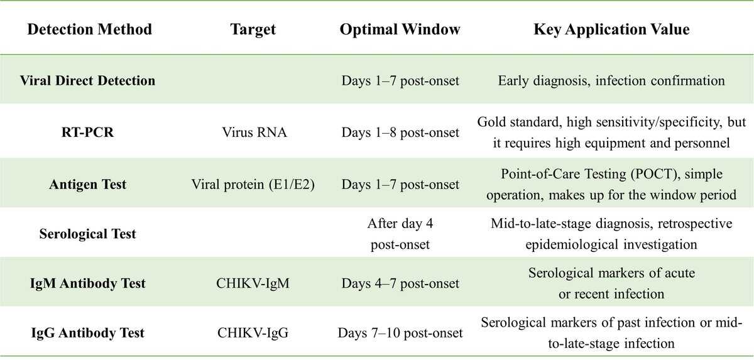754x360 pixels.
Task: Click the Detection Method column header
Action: coord(89,30)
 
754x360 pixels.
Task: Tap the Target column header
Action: coord(253,30)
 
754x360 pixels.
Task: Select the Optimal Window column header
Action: coord(400,30)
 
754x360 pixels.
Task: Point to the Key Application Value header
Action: coord(611,30)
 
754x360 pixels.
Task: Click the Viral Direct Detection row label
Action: coord(87,81)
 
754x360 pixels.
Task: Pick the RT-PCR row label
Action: coord(87,132)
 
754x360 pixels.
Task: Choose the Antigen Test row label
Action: coord(87,184)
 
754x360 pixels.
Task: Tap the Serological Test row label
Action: coord(87,234)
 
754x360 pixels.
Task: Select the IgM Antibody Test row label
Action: coord(87,283)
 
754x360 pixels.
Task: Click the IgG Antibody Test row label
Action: coord(87,333)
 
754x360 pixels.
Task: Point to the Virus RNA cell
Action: coord(254,132)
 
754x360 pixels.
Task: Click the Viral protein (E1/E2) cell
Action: coord(253,185)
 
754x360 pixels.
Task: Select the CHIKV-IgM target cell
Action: coord(253,283)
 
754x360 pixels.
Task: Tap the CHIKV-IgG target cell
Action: coord(253,333)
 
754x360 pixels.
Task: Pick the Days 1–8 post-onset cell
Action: coord(400,133)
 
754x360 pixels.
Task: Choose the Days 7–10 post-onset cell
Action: coord(400,333)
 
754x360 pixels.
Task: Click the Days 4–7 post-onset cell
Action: coord(400,283)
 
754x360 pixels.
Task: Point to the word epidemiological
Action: coord(572,244)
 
